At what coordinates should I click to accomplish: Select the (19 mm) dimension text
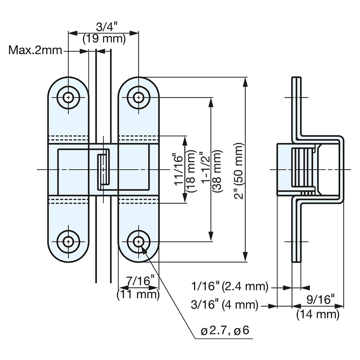(104, 39)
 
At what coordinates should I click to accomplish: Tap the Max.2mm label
(35, 50)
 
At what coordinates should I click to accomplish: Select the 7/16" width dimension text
(139, 282)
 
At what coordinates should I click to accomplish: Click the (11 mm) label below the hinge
(139, 294)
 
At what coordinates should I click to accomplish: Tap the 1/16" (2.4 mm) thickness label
(230, 287)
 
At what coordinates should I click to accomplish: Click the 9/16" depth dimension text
(318, 300)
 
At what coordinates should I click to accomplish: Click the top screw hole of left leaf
(68, 97)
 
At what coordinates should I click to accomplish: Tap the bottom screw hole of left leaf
(68, 241)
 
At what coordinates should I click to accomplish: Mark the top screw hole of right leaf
(138, 97)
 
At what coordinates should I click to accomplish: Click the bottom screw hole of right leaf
(138, 241)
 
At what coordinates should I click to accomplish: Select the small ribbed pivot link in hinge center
(103, 169)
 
